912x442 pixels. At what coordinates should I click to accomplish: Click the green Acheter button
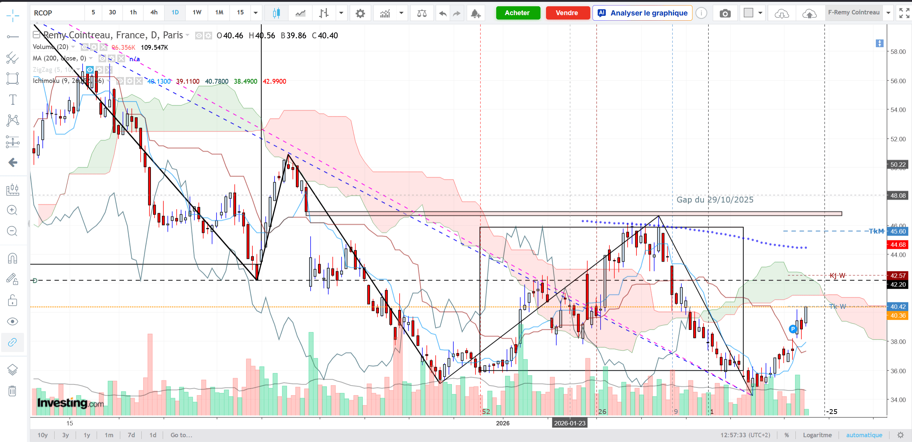click(518, 13)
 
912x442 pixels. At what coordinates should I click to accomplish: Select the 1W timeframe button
click(197, 13)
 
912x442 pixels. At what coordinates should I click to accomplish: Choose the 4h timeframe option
click(154, 13)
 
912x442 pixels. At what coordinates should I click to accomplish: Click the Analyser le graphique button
click(642, 13)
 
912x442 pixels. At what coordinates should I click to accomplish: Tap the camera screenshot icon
click(725, 14)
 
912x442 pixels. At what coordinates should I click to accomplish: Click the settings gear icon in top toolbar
click(360, 14)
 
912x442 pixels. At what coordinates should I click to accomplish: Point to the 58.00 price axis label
click(898, 52)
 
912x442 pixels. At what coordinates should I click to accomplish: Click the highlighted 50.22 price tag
click(898, 164)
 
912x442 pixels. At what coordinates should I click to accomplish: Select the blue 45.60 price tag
click(898, 232)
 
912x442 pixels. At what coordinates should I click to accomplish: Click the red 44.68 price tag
click(898, 245)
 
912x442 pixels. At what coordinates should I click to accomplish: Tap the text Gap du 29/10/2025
click(715, 200)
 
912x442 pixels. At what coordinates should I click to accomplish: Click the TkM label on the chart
click(876, 231)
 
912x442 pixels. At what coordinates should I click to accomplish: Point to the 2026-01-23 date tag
click(570, 423)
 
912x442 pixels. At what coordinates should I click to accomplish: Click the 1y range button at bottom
click(87, 435)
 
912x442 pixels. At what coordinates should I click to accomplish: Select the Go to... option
click(181, 435)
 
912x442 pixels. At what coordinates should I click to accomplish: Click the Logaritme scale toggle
click(817, 435)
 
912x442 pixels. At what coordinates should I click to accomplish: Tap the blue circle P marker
click(792, 329)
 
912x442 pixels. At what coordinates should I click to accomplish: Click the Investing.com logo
click(70, 403)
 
